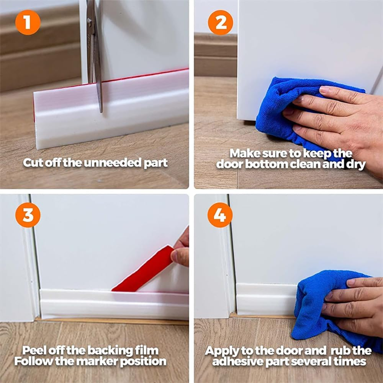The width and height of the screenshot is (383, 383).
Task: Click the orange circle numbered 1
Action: tap(28, 23)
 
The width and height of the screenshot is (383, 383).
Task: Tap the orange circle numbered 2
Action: tap(220, 23)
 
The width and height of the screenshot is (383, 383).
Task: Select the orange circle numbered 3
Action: tap(28, 215)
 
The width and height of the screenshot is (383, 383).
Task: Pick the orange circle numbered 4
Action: tap(220, 215)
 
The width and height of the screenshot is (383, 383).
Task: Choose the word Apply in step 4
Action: tap(220, 351)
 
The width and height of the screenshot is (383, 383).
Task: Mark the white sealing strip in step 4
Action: tap(264, 299)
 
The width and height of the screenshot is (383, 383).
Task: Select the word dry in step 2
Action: tap(354, 165)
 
